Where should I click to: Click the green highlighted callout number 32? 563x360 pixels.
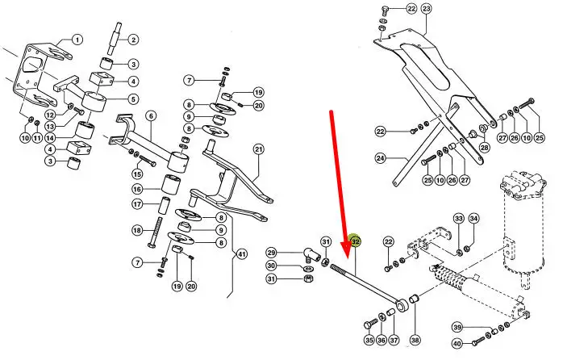point(355,242)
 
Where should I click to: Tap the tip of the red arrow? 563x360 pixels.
point(347,258)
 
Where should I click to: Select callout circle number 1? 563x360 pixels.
point(77,40)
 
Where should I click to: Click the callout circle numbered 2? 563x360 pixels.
point(133,40)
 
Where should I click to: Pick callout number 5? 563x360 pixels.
point(133,99)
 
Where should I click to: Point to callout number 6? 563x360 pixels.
point(151,116)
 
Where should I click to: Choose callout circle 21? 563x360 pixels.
point(259,149)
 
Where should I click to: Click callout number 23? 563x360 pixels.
point(426,9)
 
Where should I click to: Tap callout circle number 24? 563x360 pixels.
point(381,157)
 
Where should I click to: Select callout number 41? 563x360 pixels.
point(242,255)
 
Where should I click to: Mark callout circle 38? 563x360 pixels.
point(415,340)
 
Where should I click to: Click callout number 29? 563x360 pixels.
point(272,253)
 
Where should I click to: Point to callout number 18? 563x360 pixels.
point(137,230)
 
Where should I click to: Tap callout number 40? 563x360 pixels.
point(457,344)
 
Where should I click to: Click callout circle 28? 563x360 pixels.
point(485,147)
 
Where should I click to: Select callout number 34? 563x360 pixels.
point(474,219)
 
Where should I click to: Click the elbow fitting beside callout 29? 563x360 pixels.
point(311,255)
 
